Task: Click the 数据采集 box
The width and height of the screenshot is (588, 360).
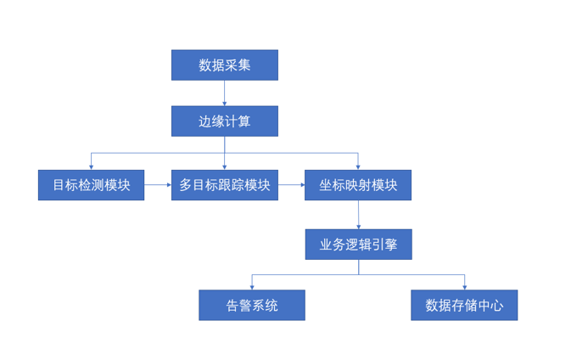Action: click(224, 65)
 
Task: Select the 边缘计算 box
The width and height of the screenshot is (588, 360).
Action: click(224, 121)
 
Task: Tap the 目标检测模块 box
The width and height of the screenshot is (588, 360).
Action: click(92, 185)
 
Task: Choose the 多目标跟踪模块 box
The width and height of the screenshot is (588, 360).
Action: click(225, 185)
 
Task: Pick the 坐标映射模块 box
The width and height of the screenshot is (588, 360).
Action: click(358, 185)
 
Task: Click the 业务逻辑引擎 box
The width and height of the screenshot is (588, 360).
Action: click(358, 245)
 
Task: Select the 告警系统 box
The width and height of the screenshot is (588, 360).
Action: click(252, 305)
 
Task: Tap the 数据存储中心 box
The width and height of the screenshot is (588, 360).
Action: click(464, 305)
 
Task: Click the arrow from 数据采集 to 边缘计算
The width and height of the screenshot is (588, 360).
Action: click(224, 93)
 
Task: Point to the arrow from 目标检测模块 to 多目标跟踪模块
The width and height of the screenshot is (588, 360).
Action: click(156, 184)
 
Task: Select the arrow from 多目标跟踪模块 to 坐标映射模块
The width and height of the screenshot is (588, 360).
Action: click(291, 184)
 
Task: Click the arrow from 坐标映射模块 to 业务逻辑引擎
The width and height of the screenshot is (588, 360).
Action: click(358, 216)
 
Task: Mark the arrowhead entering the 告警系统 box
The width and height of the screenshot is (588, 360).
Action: click(252, 287)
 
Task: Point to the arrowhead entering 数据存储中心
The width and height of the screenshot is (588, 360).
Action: click(464, 287)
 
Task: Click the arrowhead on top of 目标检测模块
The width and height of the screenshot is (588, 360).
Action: click(92, 166)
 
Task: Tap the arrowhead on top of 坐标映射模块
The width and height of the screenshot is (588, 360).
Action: click(358, 166)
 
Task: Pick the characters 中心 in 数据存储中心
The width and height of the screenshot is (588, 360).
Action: click(490, 305)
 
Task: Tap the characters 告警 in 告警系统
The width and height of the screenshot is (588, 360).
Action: click(239, 305)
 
